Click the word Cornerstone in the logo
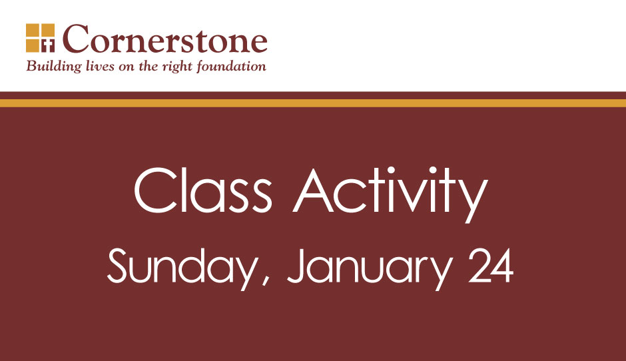165,39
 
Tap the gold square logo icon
41,38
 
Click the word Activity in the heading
390,194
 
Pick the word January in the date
370,268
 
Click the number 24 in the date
491,266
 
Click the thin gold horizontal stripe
313,103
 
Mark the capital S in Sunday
119,266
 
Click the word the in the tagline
149,66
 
